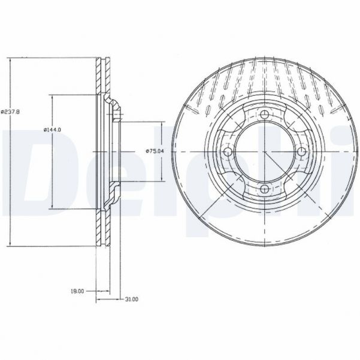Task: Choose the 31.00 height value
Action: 132,298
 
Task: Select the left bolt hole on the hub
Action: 227,152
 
